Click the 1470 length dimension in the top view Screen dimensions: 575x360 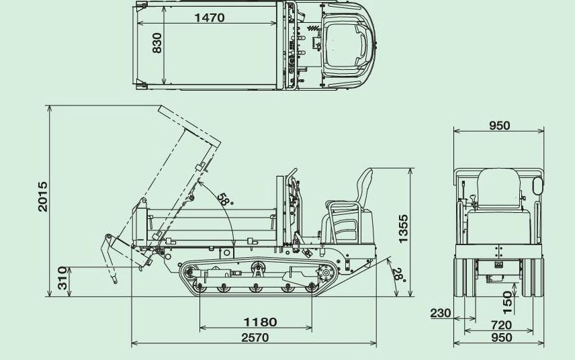click(209, 17)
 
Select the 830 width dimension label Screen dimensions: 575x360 click(157, 43)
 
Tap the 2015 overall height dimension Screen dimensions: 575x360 click(43, 197)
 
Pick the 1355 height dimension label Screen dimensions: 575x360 click(403, 229)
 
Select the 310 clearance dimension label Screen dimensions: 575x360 click(62, 278)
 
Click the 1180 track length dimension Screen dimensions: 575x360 click(261, 322)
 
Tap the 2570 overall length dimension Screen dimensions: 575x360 click(255, 337)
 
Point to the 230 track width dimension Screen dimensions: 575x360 click(441, 313)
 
